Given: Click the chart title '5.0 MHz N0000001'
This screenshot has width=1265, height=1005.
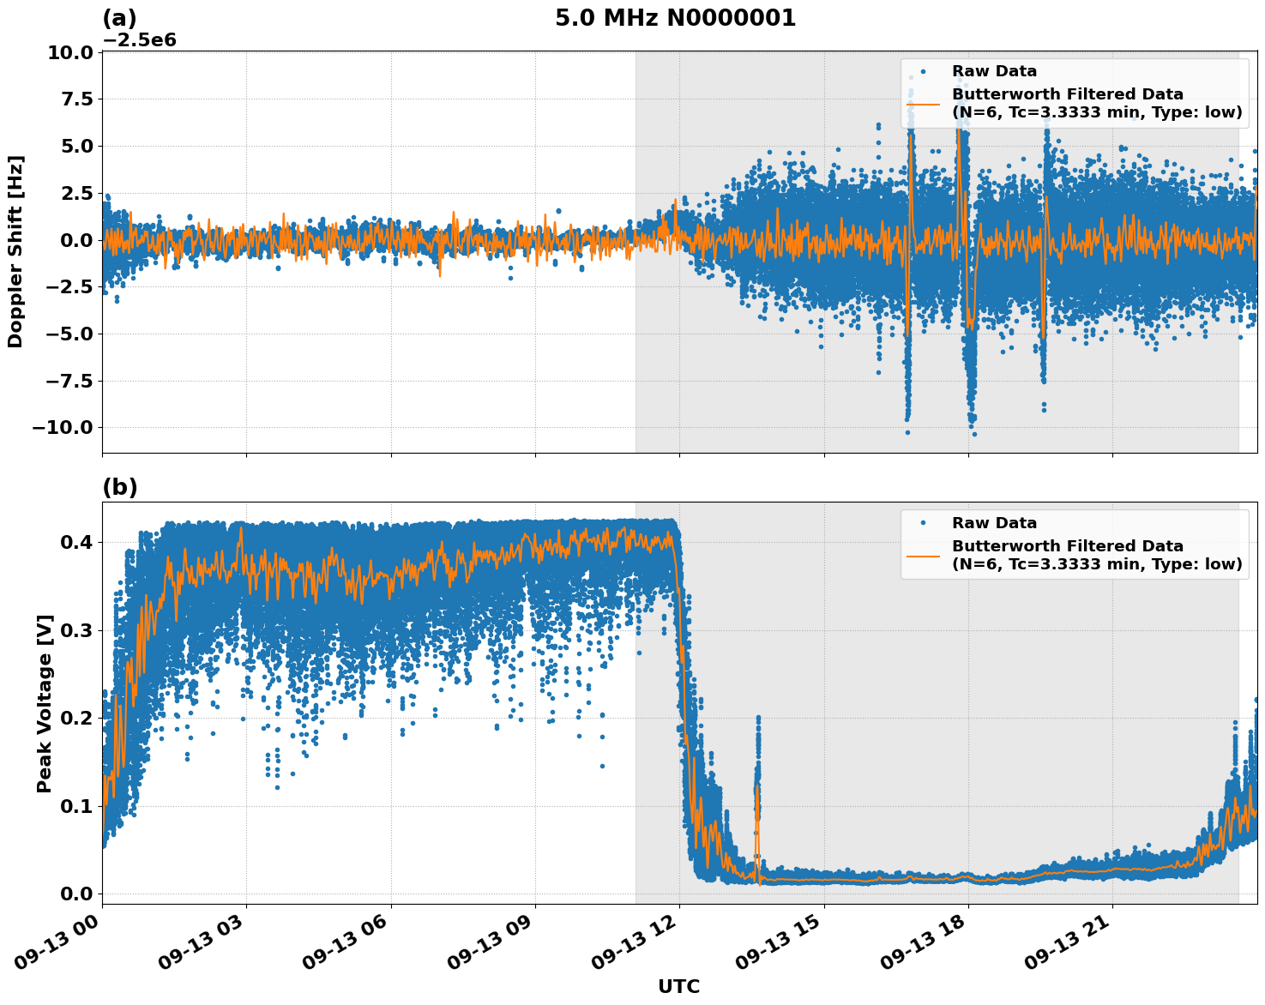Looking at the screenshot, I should pos(675,18).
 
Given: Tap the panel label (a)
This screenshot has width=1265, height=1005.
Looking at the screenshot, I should pos(119,18).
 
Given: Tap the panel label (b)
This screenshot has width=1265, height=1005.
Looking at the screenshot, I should pos(119,487).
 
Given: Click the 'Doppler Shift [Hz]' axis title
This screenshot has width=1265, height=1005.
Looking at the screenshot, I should pos(15,251).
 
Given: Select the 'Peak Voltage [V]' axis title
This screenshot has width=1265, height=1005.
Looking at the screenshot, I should pos(45,703).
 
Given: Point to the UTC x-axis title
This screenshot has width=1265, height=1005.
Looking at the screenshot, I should pos(678,987).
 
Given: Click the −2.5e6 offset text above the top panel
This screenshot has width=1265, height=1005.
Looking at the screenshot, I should pos(140,40).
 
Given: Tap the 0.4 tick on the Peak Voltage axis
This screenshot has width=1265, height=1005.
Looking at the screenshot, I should pos(77,543).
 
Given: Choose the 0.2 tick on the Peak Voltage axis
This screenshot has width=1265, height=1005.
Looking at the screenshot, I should pos(77,719).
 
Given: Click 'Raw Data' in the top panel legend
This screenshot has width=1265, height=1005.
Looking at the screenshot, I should pos(994,72).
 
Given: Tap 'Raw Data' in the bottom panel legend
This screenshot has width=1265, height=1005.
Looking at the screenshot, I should pos(994,524).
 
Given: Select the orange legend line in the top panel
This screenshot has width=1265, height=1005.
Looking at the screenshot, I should pos(923,104).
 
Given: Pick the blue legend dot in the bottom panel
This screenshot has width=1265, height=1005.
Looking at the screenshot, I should pos(923,523).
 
